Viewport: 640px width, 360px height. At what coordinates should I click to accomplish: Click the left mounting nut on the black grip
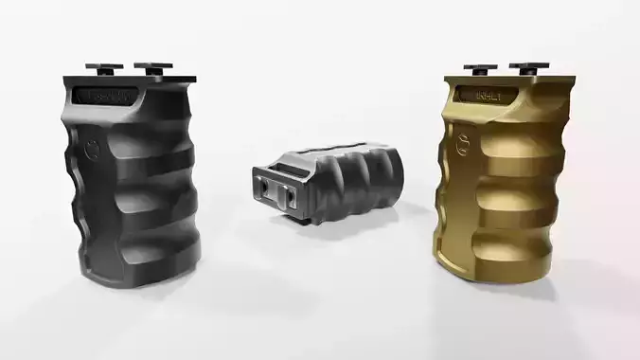click(x=99, y=67)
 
